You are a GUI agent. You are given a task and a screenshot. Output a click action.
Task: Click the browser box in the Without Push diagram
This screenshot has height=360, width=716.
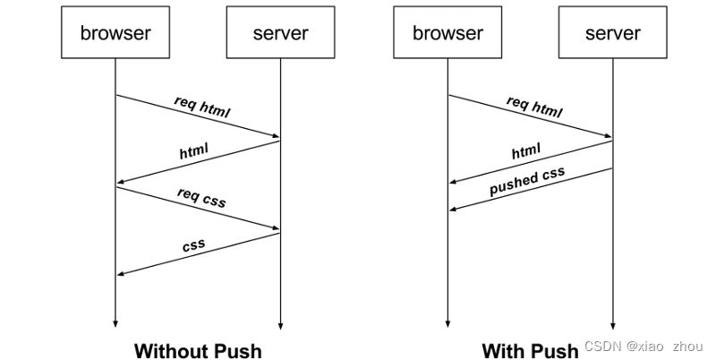[x=115, y=34]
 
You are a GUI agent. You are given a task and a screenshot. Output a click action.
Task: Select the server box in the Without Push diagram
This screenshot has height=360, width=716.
[x=280, y=34]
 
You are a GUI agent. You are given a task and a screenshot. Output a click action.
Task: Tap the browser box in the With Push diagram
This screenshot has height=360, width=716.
[x=447, y=34]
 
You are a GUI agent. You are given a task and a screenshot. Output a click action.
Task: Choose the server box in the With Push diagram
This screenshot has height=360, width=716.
[x=613, y=34]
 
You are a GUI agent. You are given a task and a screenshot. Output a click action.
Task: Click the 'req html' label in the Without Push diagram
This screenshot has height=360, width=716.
[x=202, y=107]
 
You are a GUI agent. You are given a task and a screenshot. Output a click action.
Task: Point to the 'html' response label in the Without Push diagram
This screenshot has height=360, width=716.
[x=193, y=151]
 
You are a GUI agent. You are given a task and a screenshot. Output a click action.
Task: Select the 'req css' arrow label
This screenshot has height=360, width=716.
[x=201, y=198]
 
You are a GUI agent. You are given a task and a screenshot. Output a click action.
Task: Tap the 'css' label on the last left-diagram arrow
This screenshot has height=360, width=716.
[x=193, y=244]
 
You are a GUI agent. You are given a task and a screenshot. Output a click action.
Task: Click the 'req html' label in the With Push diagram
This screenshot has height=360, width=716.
[x=534, y=107]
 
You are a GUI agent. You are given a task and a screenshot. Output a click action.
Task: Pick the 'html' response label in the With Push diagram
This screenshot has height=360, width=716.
[x=526, y=151]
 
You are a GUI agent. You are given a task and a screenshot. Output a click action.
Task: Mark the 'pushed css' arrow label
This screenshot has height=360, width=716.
[x=527, y=182]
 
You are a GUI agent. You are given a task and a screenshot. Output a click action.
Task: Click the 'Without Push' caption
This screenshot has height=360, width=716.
[x=198, y=349]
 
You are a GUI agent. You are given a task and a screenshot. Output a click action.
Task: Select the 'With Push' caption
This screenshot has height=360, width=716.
[x=530, y=349]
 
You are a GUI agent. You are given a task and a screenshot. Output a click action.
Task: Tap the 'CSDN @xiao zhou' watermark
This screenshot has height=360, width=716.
[x=644, y=346]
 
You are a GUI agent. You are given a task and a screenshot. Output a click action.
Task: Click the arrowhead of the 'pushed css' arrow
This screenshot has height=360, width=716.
[x=453, y=210]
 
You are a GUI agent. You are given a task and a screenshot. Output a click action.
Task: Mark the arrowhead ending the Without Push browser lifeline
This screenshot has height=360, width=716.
[x=115, y=326]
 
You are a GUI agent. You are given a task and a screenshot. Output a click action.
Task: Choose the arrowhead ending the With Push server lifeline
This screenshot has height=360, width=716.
[x=613, y=326]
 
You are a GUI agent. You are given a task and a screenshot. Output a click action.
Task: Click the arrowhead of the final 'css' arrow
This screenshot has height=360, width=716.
[x=121, y=274]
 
